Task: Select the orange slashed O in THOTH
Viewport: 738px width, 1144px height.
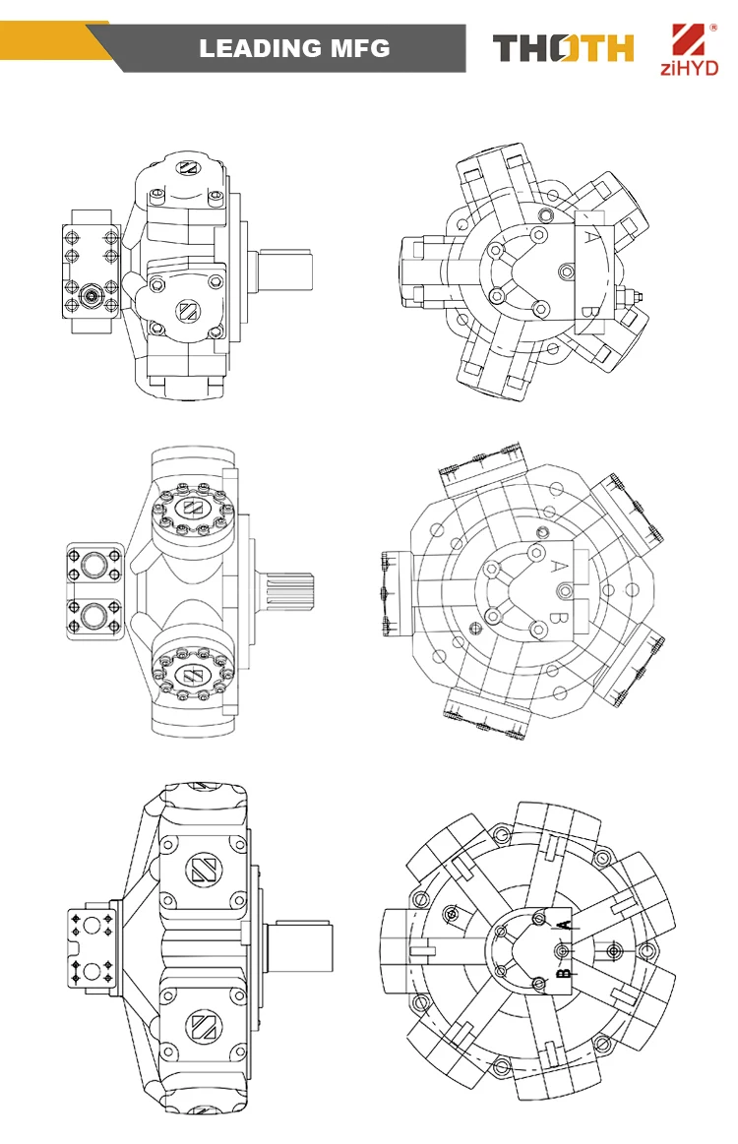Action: (566, 48)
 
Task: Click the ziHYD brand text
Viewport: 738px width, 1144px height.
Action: (689, 68)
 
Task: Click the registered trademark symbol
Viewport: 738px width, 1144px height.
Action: (713, 28)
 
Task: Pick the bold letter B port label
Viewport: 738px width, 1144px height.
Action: (564, 971)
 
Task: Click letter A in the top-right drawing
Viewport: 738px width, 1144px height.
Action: (589, 236)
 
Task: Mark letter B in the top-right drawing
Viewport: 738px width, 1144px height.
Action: (586, 309)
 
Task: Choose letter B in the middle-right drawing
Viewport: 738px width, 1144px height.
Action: (555, 617)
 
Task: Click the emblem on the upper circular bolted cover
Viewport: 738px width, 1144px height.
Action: (193, 509)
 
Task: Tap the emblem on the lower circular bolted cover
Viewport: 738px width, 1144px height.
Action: (193, 674)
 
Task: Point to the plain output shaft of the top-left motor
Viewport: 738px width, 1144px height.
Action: (285, 272)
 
